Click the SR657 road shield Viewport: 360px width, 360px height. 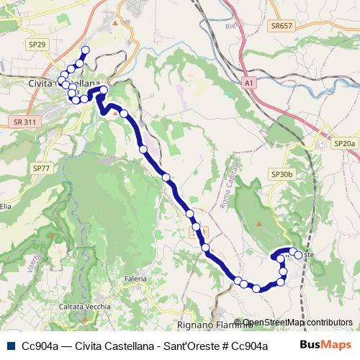click(282, 24)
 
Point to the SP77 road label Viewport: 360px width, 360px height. click(41, 168)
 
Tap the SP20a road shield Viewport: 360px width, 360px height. click(344, 144)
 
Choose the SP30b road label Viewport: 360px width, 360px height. click(282, 174)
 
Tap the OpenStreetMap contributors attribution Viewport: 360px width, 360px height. click(297, 323)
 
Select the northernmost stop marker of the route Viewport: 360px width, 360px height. click(85, 50)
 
